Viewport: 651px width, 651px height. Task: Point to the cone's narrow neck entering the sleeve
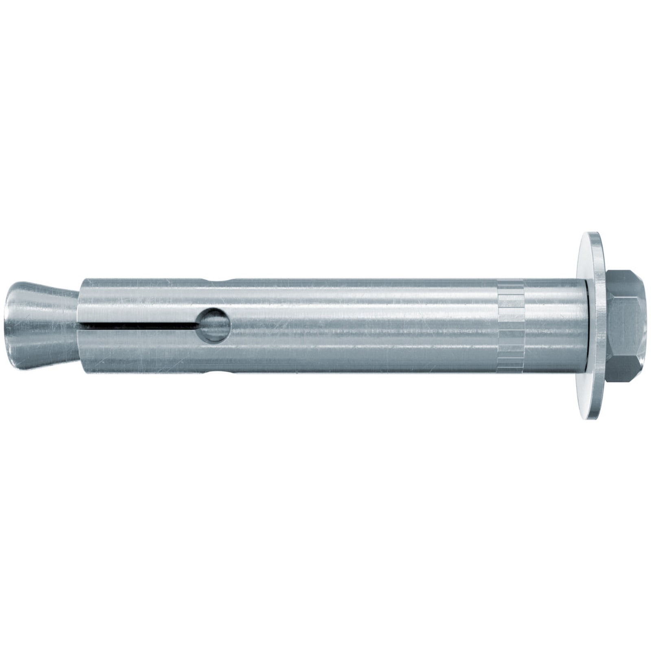[73, 325]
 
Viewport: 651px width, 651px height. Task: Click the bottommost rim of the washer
[594, 418]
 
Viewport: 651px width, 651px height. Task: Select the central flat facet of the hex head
[623, 325]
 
